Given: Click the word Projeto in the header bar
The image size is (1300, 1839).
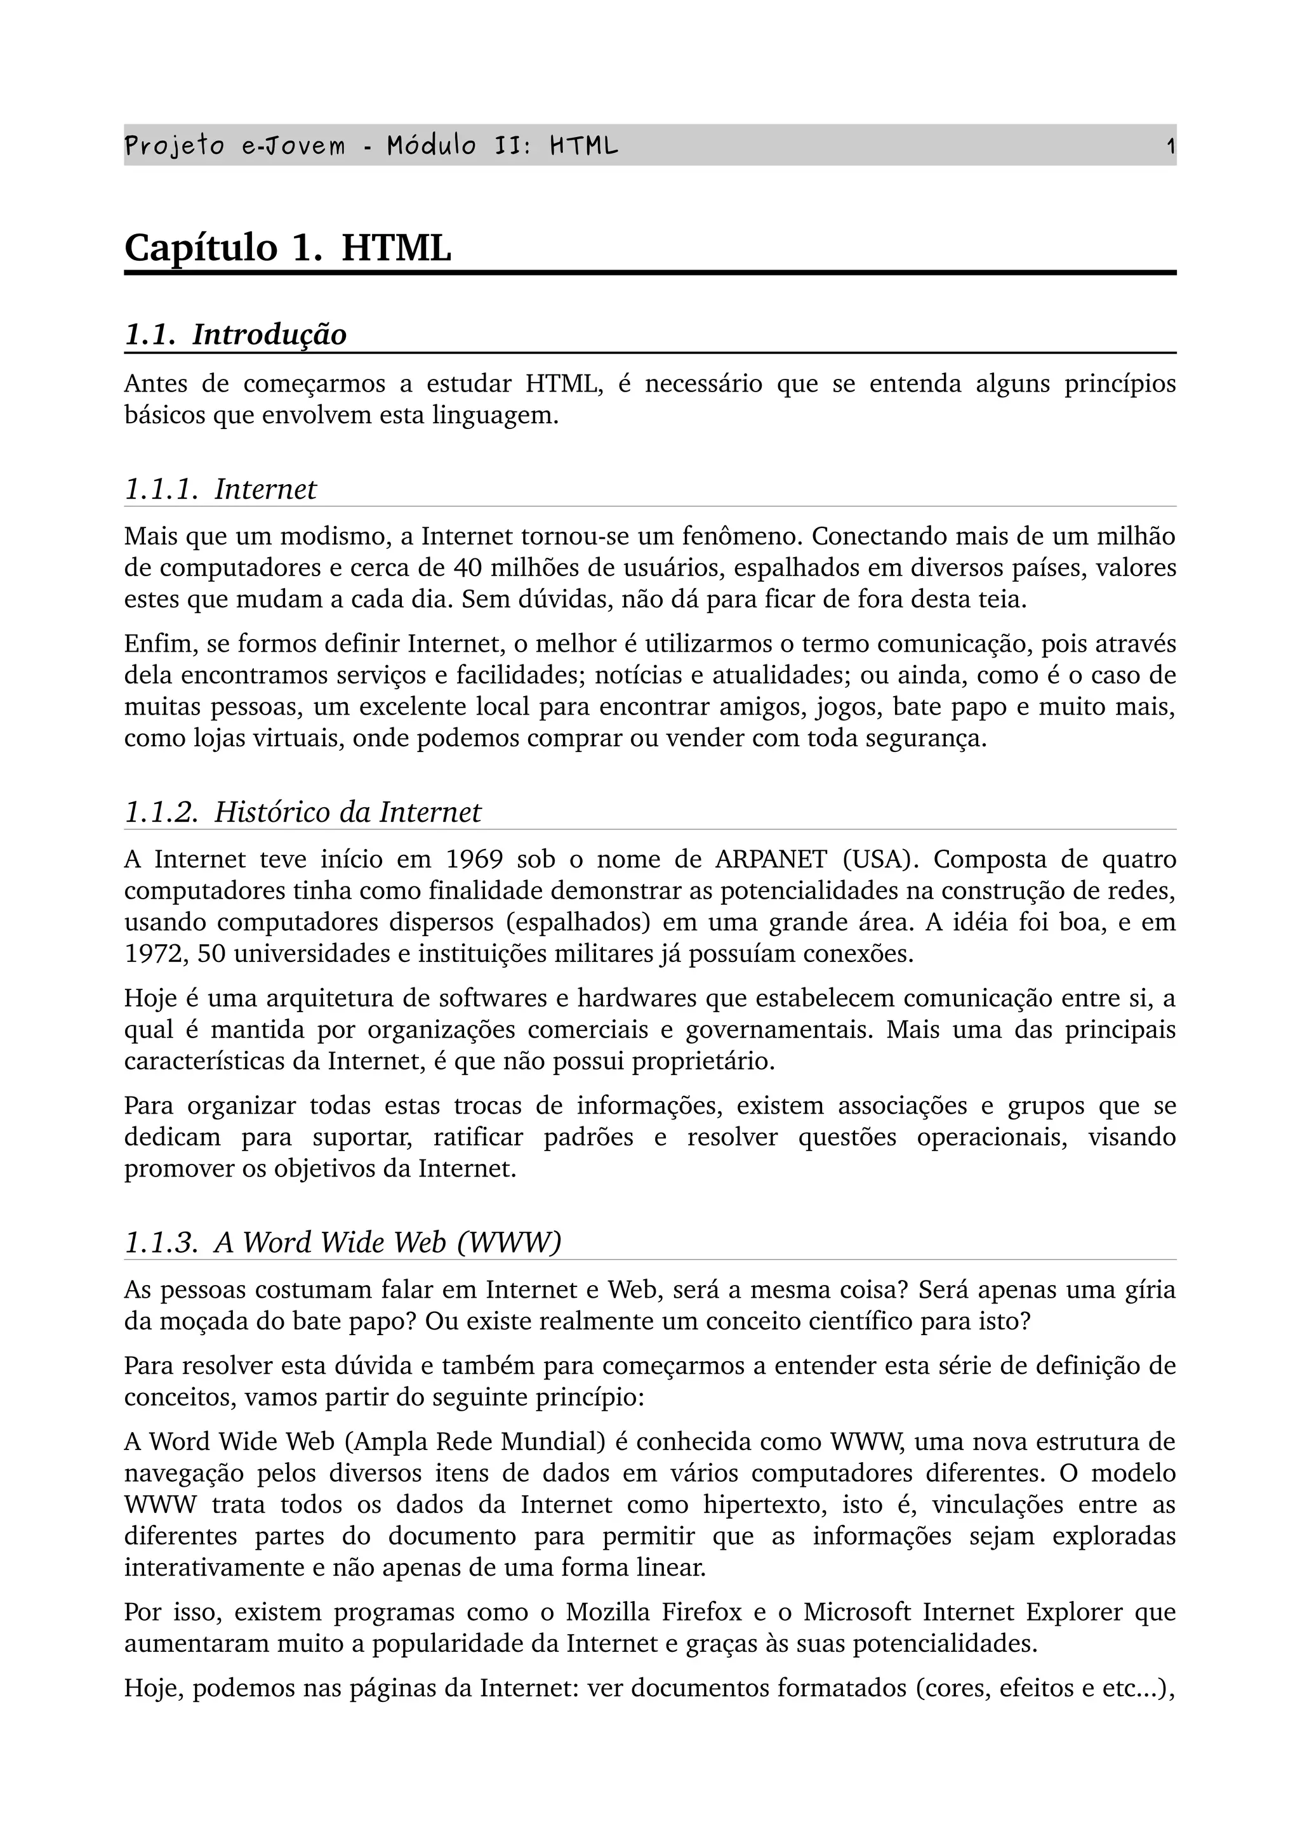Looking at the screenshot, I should point(174,147).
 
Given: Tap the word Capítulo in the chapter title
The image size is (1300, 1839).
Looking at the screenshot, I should point(200,247).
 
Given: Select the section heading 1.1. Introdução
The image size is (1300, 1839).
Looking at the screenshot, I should point(235,335).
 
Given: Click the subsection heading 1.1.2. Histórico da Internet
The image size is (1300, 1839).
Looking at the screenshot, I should point(303,812).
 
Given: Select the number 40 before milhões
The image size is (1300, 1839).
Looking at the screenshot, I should point(467,568).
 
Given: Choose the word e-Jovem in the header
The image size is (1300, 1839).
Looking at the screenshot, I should point(294,147).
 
